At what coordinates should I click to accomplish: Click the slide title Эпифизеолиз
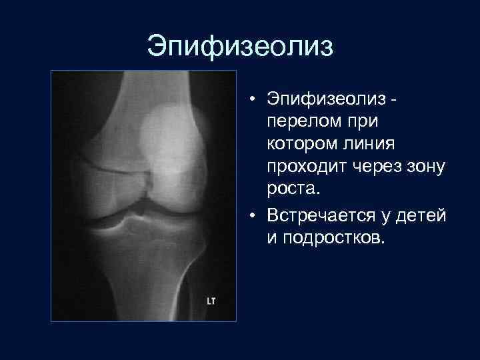[239, 47]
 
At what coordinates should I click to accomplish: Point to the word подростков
[332, 238]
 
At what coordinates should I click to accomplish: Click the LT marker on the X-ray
[211, 302]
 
